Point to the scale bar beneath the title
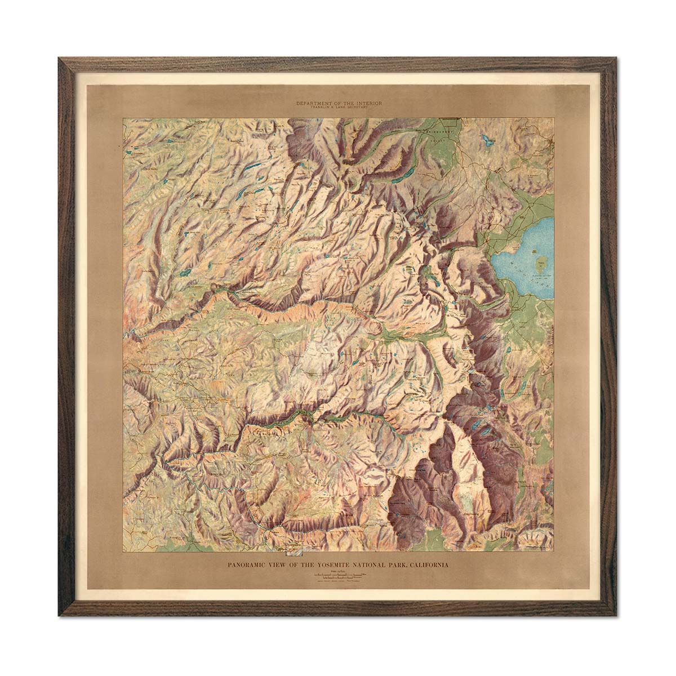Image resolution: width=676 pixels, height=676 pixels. (338, 575)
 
